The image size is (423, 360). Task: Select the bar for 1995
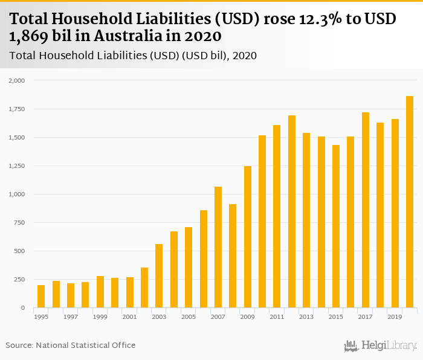(41, 296)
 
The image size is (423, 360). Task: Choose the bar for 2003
(159, 276)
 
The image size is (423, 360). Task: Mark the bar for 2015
(336, 226)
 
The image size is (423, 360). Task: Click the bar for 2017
(366, 210)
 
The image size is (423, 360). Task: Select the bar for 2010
(262, 222)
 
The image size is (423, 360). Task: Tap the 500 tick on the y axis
(20, 251)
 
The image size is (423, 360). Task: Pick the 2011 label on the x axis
(277, 317)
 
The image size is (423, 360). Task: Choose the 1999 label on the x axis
(100, 317)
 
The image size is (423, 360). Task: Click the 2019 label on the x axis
(395, 317)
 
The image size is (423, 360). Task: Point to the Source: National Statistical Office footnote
(71, 345)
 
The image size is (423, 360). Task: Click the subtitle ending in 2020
(134, 56)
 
